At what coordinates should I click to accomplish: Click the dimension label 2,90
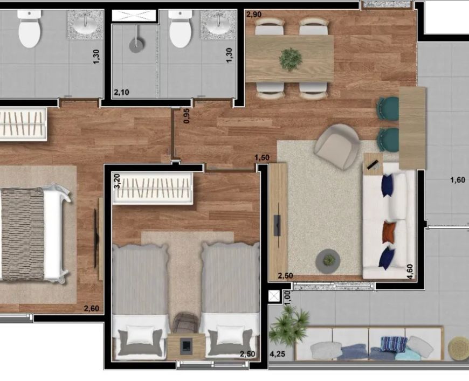point(253,15)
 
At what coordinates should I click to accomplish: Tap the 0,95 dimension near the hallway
point(187,116)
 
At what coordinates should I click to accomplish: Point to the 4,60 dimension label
point(410,272)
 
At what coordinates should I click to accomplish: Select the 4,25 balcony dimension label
point(277,354)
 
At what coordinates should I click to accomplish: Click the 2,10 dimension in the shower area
point(121,92)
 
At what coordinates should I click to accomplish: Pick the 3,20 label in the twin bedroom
point(117,181)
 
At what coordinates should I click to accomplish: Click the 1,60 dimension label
point(458,180)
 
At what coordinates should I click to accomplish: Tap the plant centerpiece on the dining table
point(290,59)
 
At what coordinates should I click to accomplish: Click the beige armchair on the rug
point(337,147)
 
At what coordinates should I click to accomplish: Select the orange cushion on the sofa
point(389,232)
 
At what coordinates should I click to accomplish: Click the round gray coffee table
point(328,260)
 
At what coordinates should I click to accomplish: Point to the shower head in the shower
point(136,45)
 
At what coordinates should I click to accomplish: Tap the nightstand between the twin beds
point(187,347)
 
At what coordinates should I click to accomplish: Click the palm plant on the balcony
point(288,325)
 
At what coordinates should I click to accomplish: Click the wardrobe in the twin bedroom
point(153,189)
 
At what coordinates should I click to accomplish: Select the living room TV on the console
point(277,225)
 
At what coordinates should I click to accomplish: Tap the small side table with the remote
point(373,164)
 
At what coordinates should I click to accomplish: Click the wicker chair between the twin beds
point(186,323)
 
